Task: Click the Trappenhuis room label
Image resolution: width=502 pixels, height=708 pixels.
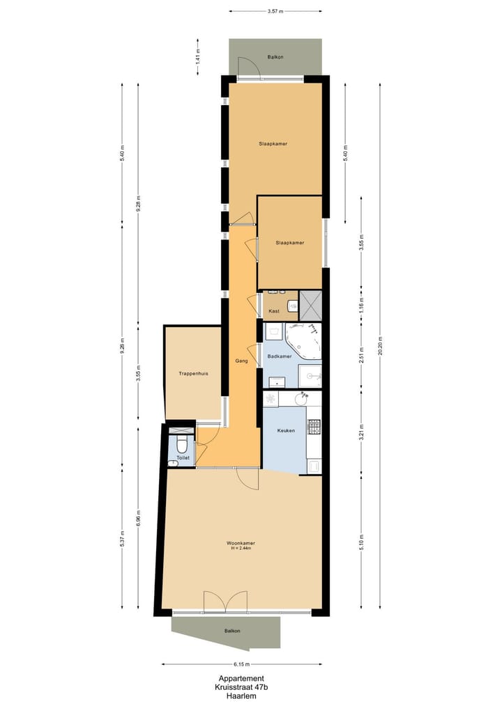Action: coord(192,373)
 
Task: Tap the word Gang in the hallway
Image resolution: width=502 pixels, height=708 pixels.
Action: coord(242,361)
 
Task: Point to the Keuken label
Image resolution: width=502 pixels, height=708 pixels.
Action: coord(286,430)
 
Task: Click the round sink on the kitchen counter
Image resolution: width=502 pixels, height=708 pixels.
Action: coord(302,399)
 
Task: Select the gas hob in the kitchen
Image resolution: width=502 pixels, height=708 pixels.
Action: coord(314,425)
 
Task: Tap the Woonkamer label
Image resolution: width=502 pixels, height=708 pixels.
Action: coord(240,543)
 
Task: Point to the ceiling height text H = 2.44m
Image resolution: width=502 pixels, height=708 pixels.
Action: coord(240,549)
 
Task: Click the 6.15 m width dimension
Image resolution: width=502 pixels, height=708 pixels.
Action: coord(241,664)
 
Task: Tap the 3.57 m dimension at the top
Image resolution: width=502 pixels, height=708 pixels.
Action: coord(275,11)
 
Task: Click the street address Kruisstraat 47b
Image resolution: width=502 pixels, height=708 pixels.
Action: coord(241,687)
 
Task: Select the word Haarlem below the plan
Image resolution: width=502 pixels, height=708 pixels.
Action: coord(241,695)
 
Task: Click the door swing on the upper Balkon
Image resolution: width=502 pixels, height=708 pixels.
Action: coord(248,67)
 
